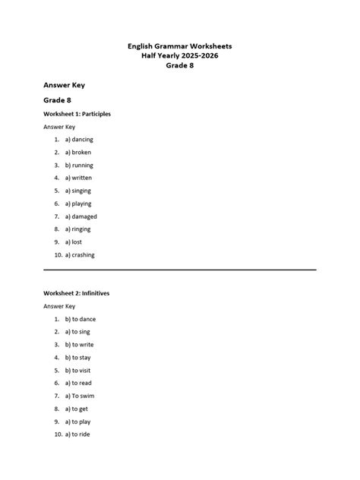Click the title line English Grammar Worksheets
(x=180, y=46)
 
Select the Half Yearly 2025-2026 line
(x=180, y=56)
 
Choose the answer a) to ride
(x=78, y=434)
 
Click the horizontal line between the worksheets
(x=180, y=270)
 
